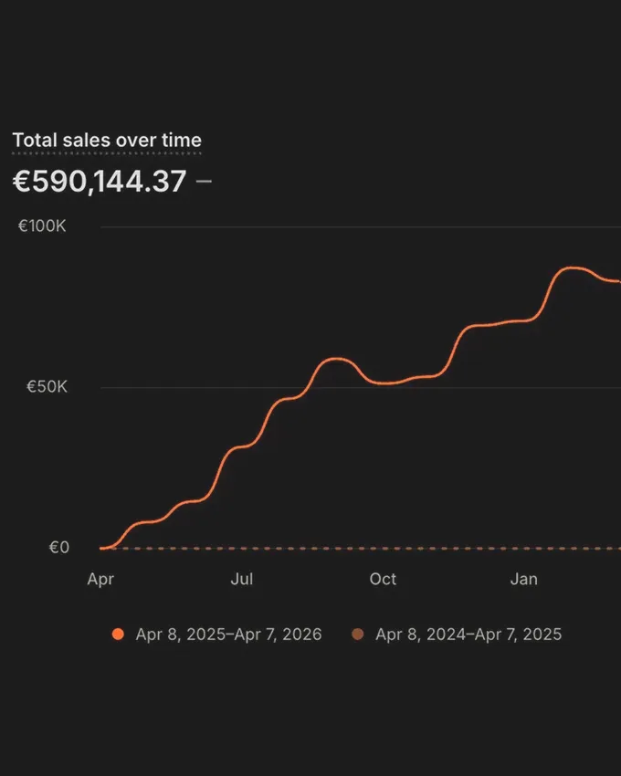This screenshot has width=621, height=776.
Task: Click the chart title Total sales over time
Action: [x=107, y=141]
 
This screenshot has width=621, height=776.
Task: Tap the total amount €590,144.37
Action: [x=100, y=181]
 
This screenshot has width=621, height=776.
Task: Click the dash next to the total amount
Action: [x=204, y=181]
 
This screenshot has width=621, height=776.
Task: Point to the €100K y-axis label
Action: [x=43, y=226]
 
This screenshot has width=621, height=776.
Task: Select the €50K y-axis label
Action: [x=47, y=387]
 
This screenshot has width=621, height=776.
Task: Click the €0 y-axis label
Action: [x=58, y=548]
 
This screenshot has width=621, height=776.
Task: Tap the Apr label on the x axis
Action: [x=100, y=579]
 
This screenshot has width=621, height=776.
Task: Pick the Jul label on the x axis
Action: [x=242, y=579]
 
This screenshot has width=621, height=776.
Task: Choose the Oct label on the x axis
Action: [x=383, y=579]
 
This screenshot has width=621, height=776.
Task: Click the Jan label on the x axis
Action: [x=524, y=579]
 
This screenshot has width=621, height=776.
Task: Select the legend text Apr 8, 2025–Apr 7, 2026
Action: [x=228, y=634]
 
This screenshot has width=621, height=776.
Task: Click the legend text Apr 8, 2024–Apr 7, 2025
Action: [x=468, y=634]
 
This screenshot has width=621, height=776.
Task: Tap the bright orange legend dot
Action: [x=117, y=634]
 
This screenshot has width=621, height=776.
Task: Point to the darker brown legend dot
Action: [x=357, y=634]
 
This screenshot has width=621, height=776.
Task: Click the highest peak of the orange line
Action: [x=573, y=267]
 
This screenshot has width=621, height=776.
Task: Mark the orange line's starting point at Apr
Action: [x=101, y=548]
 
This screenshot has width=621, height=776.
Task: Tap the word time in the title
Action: [x=182, y=141]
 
